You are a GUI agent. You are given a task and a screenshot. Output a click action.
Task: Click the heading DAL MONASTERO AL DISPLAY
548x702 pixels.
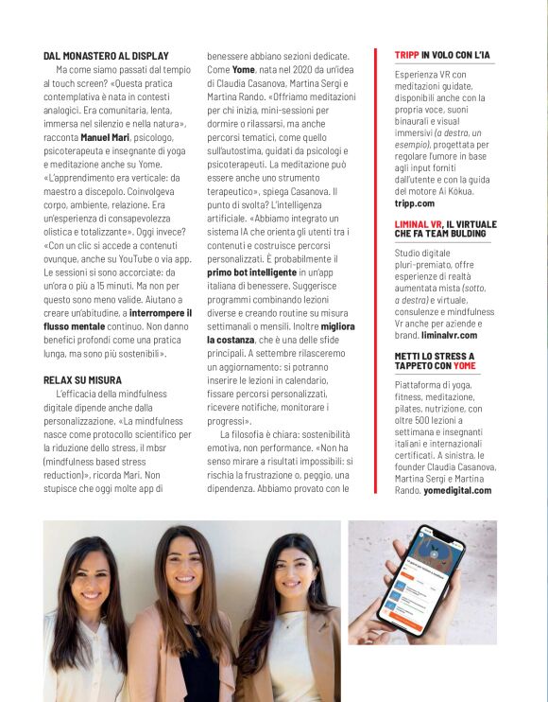coord(106,56)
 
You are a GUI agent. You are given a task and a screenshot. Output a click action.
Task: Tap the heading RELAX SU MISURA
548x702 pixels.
coord(82,379)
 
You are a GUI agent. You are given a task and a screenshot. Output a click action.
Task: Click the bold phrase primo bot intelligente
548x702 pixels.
coord(251,272)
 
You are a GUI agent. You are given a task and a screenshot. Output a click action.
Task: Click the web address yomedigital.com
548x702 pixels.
coord(457,490)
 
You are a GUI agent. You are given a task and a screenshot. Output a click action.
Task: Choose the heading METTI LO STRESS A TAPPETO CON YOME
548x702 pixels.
coord(434,360)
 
